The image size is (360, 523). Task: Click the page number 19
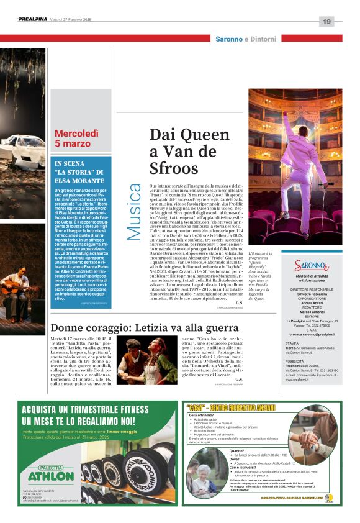(326, 22)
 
